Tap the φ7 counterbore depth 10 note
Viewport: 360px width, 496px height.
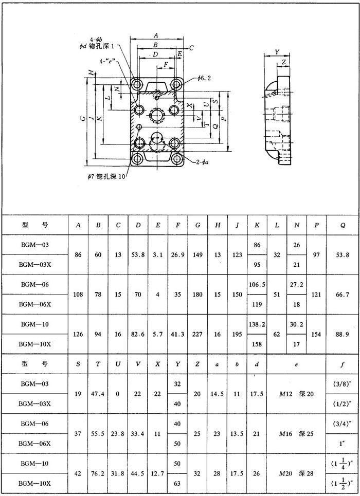coord(106,177)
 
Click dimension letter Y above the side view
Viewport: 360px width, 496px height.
coord(277,52)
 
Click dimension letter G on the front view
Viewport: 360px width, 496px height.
coord(83,118)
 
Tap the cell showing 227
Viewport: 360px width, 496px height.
coord(197,334)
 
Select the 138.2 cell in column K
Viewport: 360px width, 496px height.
coord(257,324)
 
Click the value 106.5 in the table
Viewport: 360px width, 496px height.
coord(257,285)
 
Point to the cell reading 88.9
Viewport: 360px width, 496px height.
coord(342,334)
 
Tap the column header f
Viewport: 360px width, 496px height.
coord(342,364)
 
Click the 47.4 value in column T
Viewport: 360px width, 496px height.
coord(98,394)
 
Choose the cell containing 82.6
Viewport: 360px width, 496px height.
coord(138,334)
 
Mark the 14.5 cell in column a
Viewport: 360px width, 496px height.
coord(218,394)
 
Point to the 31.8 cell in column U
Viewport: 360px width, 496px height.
coord(118,473)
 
